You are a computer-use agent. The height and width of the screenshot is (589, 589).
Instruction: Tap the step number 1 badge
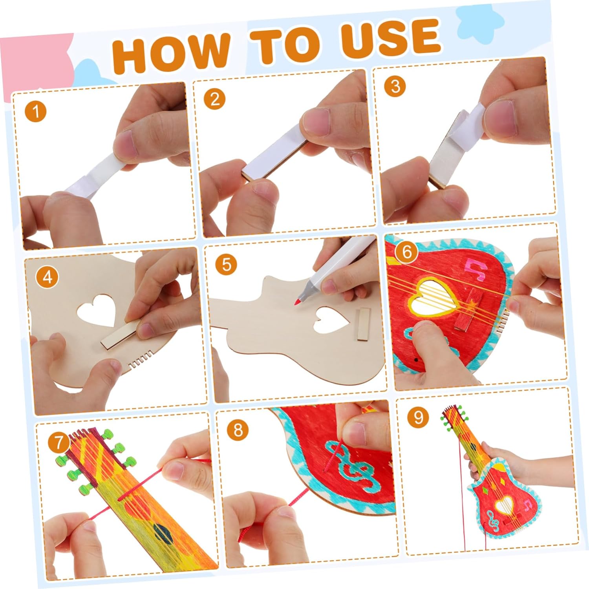coord(36,111)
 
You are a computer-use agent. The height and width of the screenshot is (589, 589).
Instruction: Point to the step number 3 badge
coord(395,86)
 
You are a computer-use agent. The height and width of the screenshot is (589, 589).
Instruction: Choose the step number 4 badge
coord(47,278)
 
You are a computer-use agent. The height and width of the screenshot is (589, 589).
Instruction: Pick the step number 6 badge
coord(406,251)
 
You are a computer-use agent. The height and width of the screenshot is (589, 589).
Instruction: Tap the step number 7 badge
coord(59,443)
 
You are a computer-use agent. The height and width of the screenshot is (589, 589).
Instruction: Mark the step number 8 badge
coord(238,430)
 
